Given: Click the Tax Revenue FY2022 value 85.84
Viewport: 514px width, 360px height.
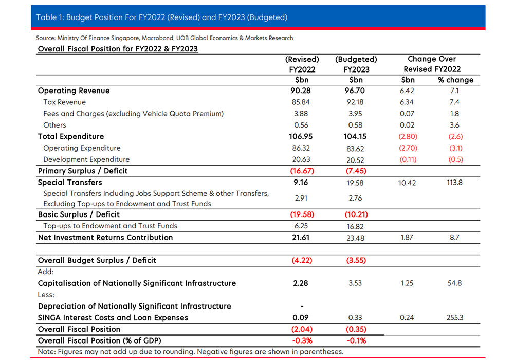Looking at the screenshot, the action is [301, 102].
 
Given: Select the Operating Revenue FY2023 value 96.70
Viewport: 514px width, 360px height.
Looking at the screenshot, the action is [355, 91].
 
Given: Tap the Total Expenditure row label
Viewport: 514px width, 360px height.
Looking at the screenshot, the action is [71, 136].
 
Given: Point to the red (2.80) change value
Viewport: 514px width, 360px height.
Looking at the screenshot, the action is [408, 136].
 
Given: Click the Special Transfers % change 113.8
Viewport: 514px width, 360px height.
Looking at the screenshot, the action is [454, 182].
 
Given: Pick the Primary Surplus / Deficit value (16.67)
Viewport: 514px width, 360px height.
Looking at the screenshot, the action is [302, 171].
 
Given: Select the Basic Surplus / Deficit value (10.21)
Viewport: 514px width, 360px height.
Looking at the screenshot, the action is [356, 214].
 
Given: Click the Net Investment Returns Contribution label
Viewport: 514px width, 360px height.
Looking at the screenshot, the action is [105, 238].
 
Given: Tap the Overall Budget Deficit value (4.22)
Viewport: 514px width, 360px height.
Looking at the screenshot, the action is [302, 260].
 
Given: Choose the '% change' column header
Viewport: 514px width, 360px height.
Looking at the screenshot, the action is [455, 80].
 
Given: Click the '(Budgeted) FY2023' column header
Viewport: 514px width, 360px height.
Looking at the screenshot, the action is [356, 64].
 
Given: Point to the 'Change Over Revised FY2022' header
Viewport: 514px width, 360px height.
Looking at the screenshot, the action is [432, 64].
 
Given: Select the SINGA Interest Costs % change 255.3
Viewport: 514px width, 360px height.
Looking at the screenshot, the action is [455, 317].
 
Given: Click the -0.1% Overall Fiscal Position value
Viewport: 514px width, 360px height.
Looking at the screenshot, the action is [356, 340].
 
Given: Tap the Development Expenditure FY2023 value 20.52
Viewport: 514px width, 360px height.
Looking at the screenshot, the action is [355, 160].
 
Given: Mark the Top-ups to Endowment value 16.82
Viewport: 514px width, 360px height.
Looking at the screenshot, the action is [355, 227].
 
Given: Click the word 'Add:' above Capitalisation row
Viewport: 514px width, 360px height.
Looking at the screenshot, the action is [46, 272].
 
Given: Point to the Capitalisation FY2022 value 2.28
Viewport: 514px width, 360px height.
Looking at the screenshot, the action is [301, 283].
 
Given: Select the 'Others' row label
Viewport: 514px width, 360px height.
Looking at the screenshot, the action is [54, 125].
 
